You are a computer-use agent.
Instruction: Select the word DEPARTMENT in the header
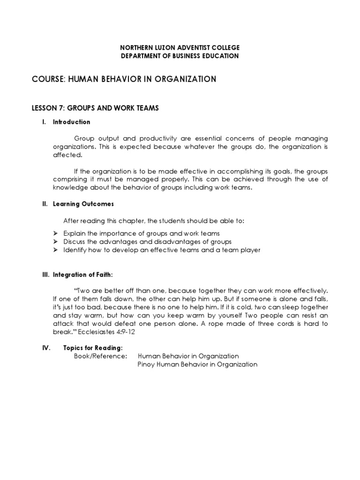click(140, 56)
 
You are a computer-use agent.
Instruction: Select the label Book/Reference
click(100, 356)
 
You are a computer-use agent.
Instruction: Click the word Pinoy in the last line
click(147, 364)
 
